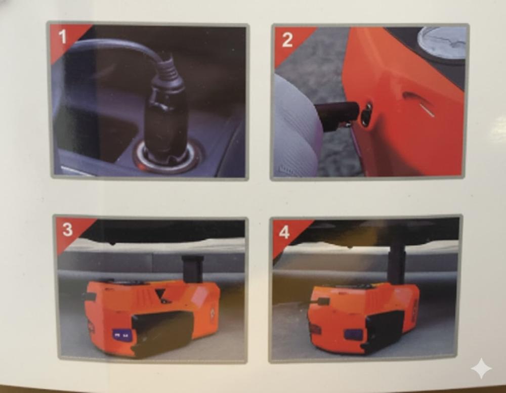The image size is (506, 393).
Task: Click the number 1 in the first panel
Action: click(x=63, y=36)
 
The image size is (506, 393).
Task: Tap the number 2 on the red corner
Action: click(x=287, y=39)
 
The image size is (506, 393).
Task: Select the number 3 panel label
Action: click(x=67, y=230)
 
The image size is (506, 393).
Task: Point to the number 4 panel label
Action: click(x=284, y=232)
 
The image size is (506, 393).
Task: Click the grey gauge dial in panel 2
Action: click(x=443, y=41)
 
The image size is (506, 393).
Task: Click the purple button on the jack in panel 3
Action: click(x=121, y=335)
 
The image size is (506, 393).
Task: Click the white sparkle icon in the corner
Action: click(x=481, y=368)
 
